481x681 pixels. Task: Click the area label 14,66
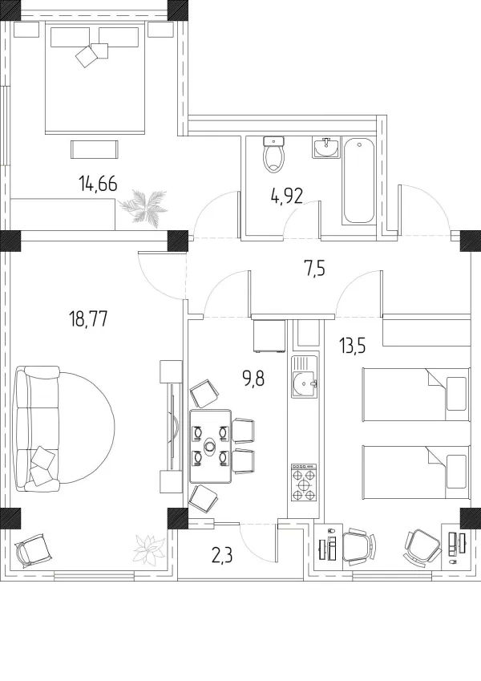pos(98,184)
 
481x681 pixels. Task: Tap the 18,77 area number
pos(88,319)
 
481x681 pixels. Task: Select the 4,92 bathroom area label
pos(286,197)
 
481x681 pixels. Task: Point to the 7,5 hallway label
pos(314,270)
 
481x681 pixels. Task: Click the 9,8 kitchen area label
pos(254,379)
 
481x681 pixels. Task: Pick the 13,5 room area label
pos(353,347)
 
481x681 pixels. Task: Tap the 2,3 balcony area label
pos(222,554)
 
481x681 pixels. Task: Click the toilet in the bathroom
pos(274,154)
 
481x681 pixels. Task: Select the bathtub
pos(358,180)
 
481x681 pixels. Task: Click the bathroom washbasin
pos(325,148)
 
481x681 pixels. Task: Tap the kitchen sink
pos(304,377)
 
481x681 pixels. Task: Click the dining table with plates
pos(211,446)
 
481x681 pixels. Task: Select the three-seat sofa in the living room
pos(36,428)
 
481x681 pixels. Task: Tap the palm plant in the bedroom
pos(143,206)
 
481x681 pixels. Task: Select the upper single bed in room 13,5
pos(416,395)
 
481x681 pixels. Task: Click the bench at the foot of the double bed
pos(95,149)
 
